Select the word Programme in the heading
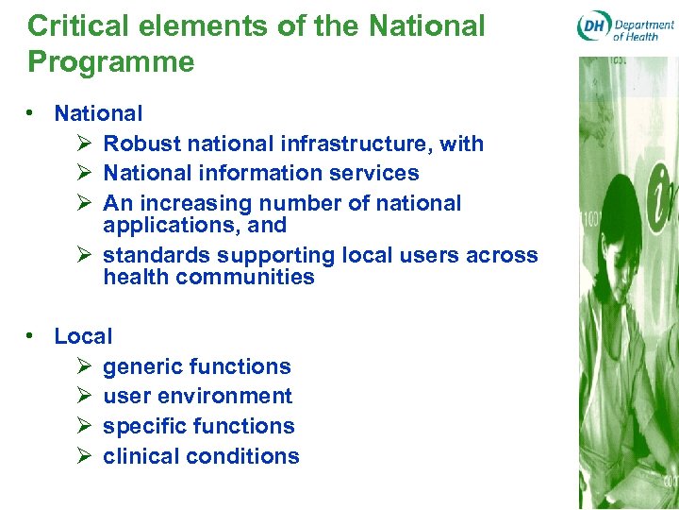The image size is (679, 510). [x=111, y=62]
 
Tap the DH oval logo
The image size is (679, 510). [x=593, y=26]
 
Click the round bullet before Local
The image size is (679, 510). [x=32, y=336]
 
